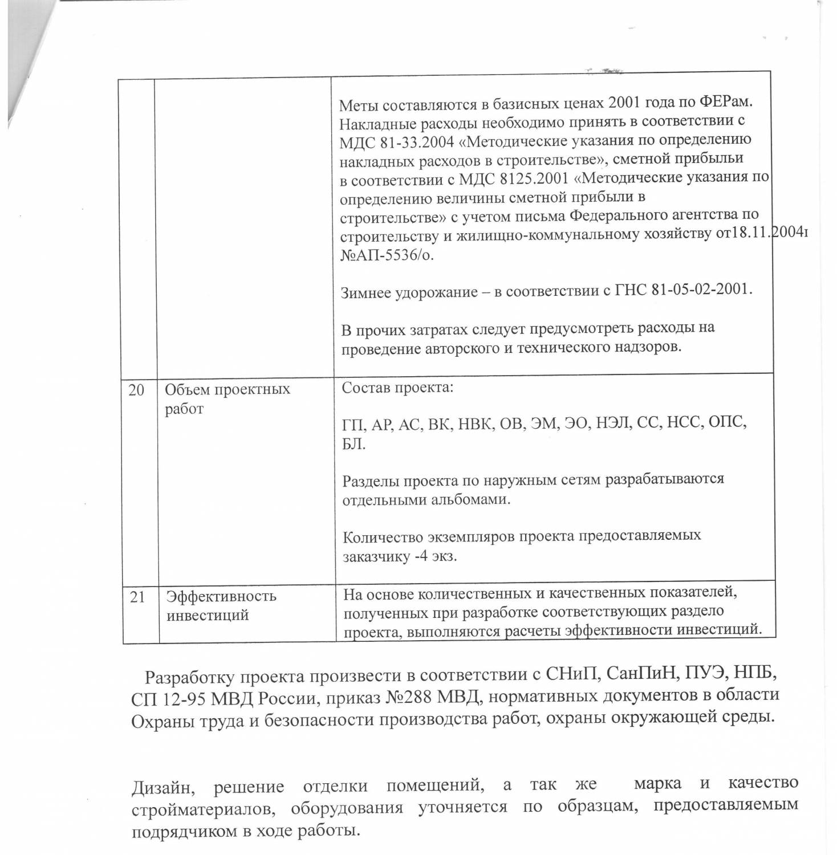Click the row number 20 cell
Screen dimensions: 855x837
pos(136,390)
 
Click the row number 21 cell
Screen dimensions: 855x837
pos(137,597)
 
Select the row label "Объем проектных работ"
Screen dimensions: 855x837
pos(227,399)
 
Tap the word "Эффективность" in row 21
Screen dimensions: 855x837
pos(221,596)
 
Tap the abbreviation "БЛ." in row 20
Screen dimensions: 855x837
pos(354,444)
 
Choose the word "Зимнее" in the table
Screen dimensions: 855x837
pos(367,293)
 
